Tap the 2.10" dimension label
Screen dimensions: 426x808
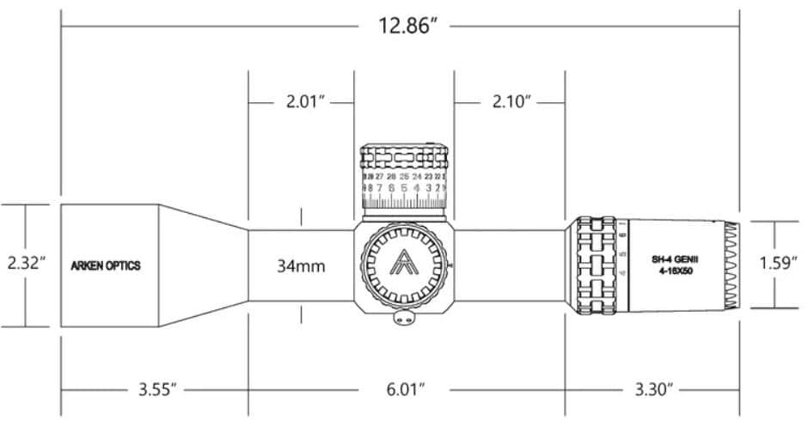(x=509, y=101)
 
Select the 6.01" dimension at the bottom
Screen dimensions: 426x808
(x=403, y=389)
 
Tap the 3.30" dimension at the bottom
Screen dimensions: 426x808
(x=651, y=389)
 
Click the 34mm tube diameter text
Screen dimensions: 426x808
(x=300, y=265)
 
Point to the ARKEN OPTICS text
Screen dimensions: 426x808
(x=106, y=265)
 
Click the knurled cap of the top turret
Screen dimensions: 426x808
(x=404, y=158)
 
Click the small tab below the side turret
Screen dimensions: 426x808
(x=403, y=319)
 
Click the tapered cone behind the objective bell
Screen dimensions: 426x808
(x=204, y=265)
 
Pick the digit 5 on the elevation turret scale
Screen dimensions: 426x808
(x=404, y=186)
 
